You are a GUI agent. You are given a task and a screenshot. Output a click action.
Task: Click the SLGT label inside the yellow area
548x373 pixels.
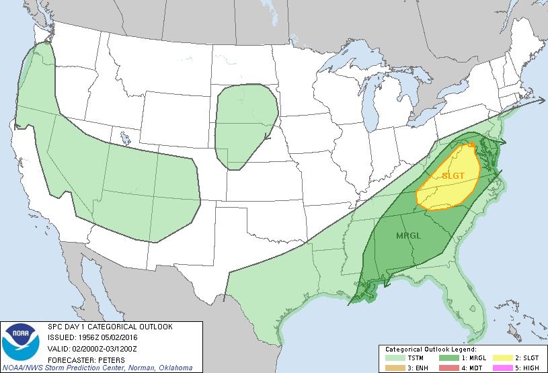point(452,175)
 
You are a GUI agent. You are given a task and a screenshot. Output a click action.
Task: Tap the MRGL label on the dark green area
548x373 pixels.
point(409,236)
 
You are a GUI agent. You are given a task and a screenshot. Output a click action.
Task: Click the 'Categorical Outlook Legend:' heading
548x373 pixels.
point(430,349)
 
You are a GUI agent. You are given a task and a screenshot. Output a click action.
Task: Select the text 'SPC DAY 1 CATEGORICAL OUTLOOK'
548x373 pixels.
point(110,327)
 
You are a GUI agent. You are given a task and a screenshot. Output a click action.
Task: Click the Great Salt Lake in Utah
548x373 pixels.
point(125,140)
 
